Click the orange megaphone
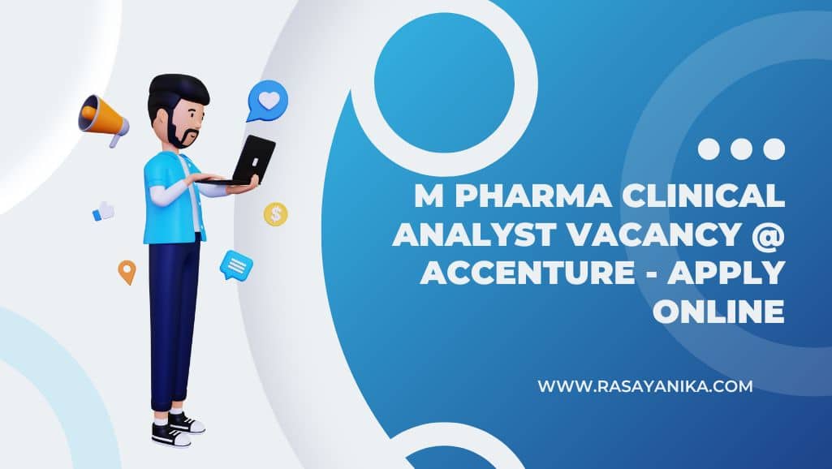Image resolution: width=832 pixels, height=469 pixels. pos(103,120)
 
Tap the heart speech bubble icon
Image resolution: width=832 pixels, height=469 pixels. pos(267,101)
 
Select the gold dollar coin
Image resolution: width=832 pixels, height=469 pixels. pos(275,214)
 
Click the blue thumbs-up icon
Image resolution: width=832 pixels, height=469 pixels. pos(103,211)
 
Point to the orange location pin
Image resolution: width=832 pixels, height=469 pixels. pos(127,272)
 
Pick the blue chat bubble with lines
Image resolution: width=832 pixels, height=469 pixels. pos(236,265)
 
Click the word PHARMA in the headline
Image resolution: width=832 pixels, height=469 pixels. pos(533,196)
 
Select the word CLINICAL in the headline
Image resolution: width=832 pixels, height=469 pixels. pos(703,196)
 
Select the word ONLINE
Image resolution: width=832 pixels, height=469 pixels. pos(718,311)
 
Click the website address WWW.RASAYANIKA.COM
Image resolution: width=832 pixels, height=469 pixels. pos(644,385)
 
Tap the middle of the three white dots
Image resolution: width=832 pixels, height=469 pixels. pos(741,149)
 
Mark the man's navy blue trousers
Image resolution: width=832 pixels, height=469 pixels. pos(173,321)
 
